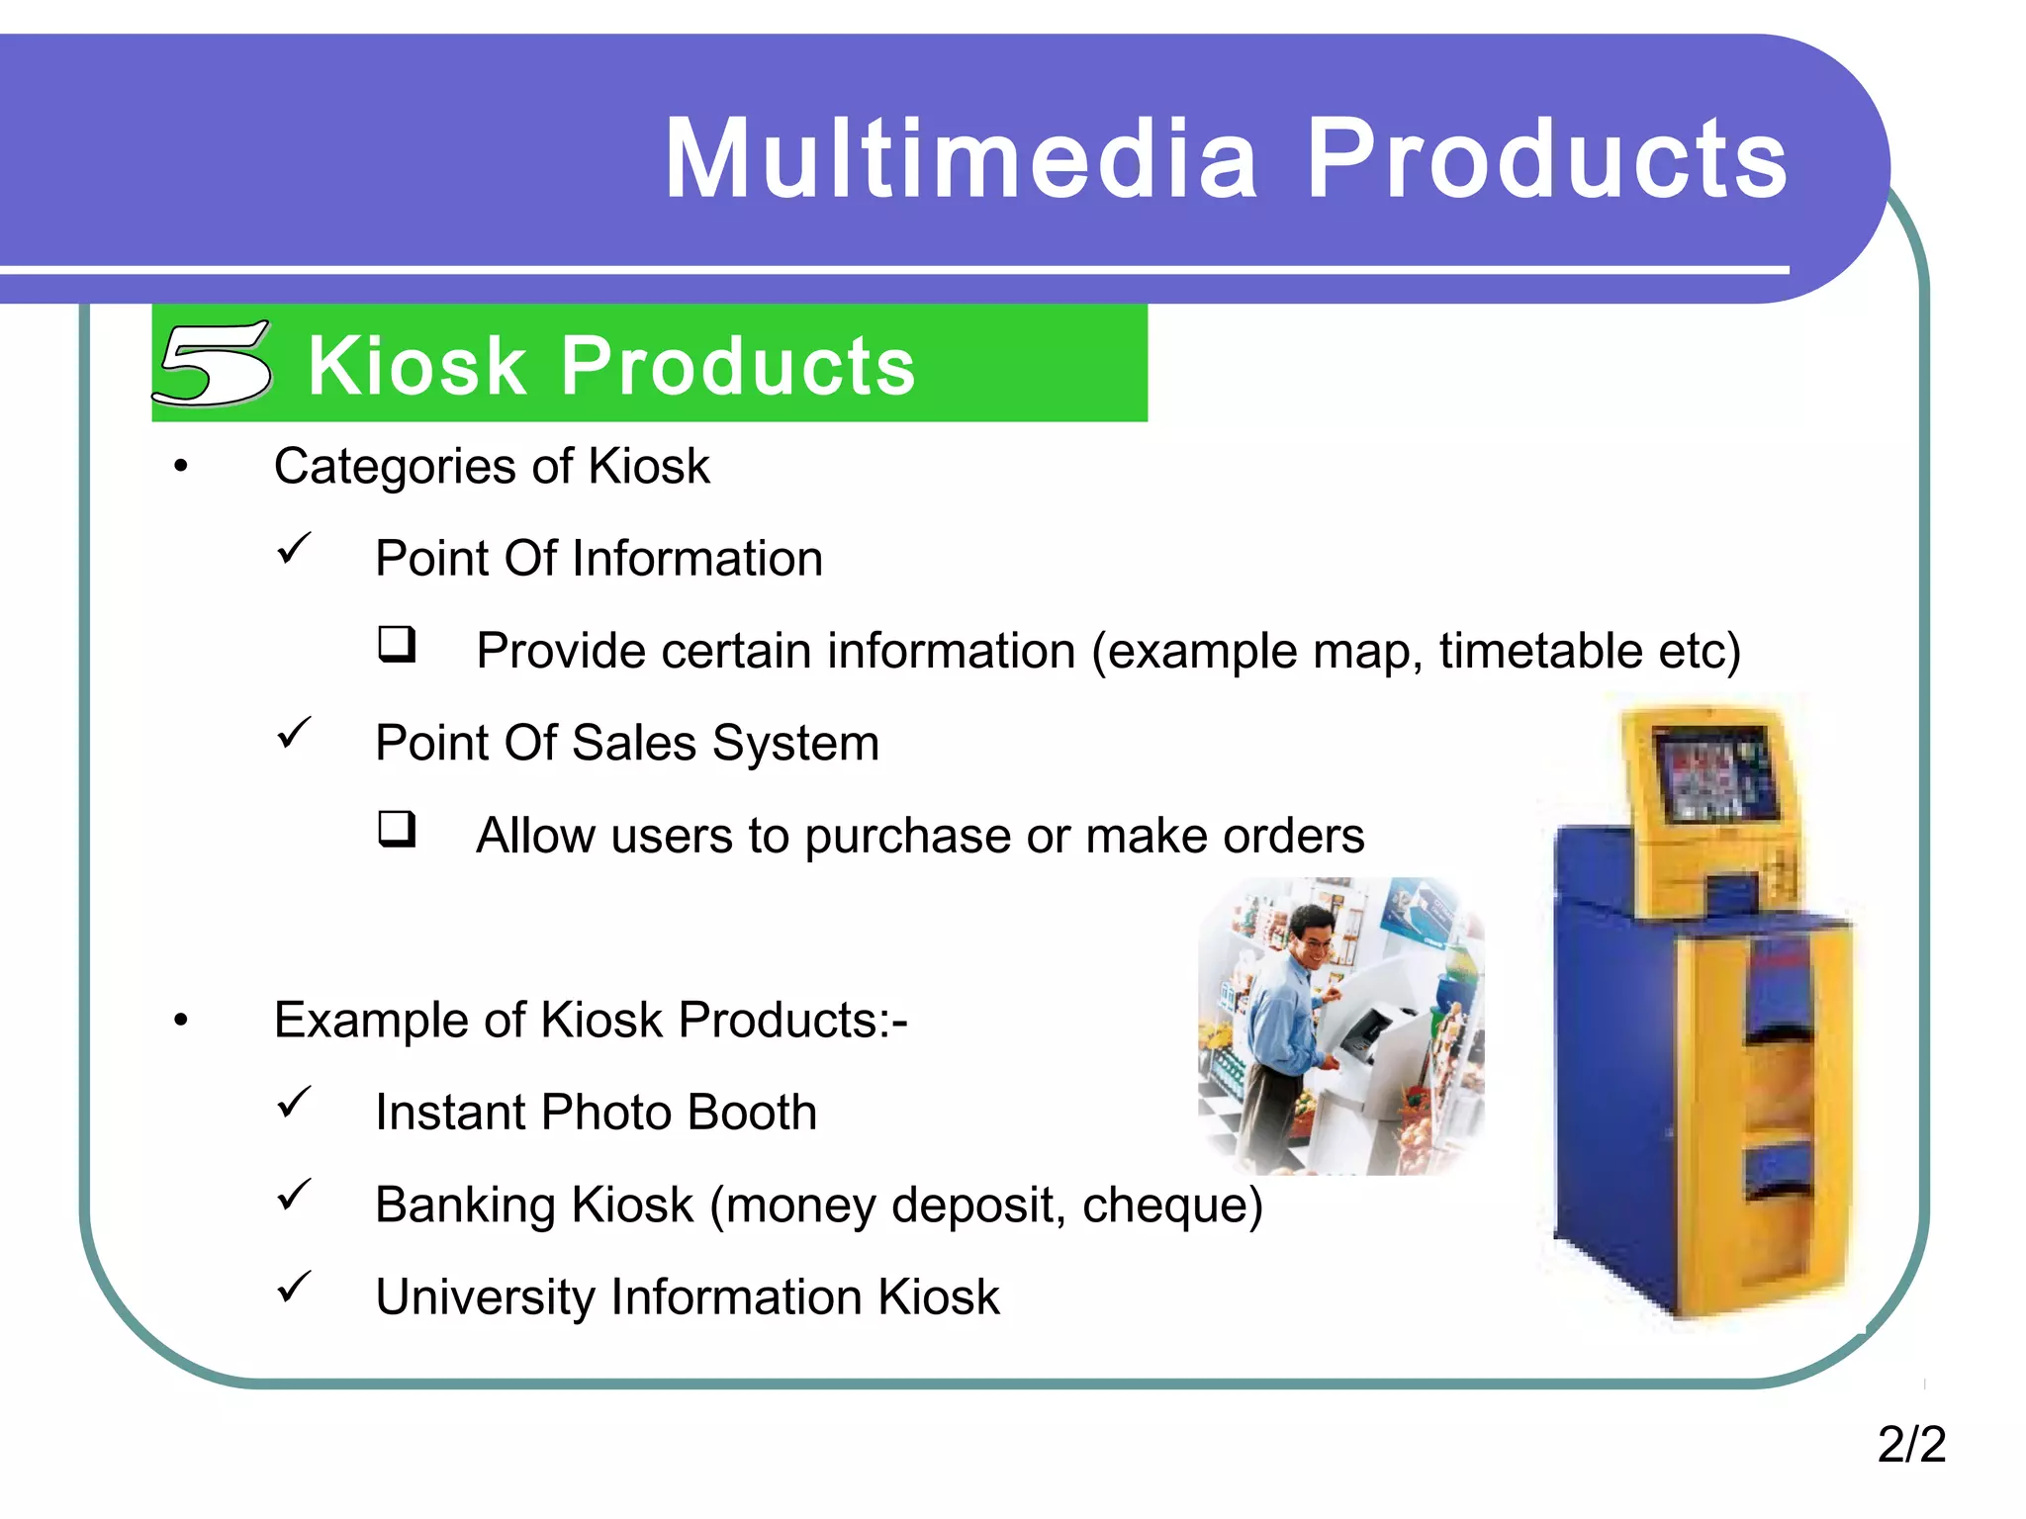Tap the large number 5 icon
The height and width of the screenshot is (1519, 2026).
pyautogui.click(x=214, y=363)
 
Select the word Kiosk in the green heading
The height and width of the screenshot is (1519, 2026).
pyautogui.click(x=416, y=366)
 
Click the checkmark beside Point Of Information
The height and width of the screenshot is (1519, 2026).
pyautogui.click(x=294, y=549)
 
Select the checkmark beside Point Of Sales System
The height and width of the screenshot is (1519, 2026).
pyautogui.click(x=294, y=734)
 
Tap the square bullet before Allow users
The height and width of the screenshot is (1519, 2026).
pyautogui.click(x=397, y=829)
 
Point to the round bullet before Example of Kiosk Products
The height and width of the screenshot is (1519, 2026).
pyautogui.click(x=180, y=1021)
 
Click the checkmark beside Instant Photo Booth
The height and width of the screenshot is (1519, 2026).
pyautogui.click(x=294, y=1103)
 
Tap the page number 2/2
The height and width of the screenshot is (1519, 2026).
pyautogui.click(x=1910, y=1444)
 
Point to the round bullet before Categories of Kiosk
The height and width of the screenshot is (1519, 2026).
pyautogui.click(x=180, y=467)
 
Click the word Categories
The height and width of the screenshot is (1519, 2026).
pyautogui.click(x=395, y=467)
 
